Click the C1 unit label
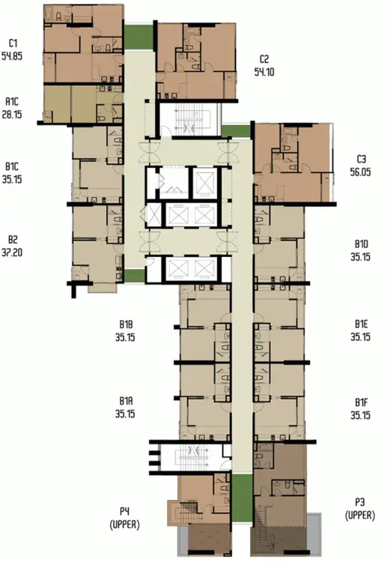pyautogui.click(x=13, y=43)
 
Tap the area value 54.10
pyautogui.click(x=264, y=72)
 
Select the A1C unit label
pyautogui.click(x=12, y=102)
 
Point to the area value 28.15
pyautogui.click(x=12, y=115)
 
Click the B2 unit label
pyautogui.click(x=13, y=240)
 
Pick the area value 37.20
pyautogui.click(x=12, y=253)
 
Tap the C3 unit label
pyautogui.click(x=361, y=159)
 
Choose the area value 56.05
pyautogui.click(x=360, y=172)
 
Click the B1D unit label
pyautogui.click(x=362, y=244)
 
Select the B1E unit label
pyautogui.click(x=362, y=324)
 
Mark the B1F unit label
pyautogui.click(x=362, y=402)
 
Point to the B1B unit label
pyautogui.click(x=126, y=324)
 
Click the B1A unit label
pyautogui.click(x=126, y=401)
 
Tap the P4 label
pyautogui.click(x=124, y=512)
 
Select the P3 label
pyautogui.click(x=360, y=503)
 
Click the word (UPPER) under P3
pyautogui.click(x=360, y=516)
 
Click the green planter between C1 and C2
pyautogui.click(x=138, y=37)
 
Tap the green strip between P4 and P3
pyautogui.click(x=242, y=498)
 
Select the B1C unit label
pyautogui.click(x=12, y=166)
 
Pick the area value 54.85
pyautogui.click(x=12, y=56)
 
